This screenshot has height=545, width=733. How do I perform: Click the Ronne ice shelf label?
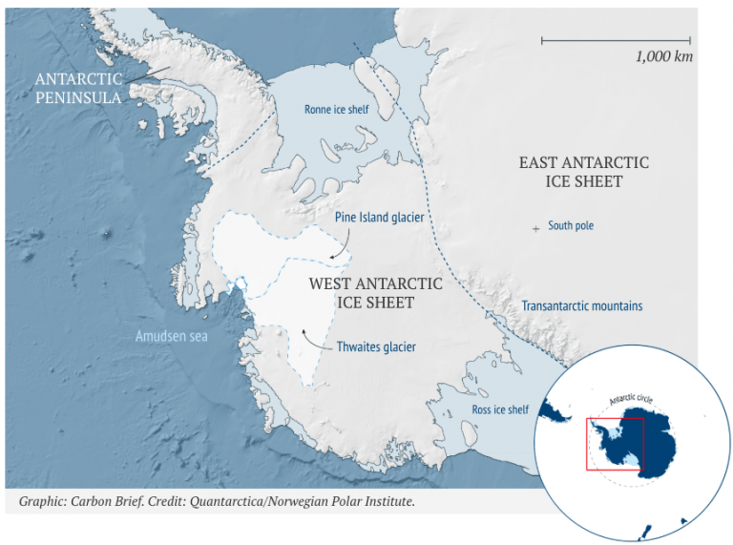pyautogui.click(x=336, y=110)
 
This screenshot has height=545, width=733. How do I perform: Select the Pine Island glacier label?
pyautogui.click(x=379, y=218)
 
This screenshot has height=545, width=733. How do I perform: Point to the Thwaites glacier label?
pyautogui.click(x=376, y=346)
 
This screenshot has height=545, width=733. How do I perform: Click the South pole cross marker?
pyautogui.click(x=535, y=227)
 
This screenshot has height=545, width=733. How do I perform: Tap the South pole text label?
pyautogui.click(x=571, y=226)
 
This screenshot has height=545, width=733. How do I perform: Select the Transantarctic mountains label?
pyautogui.click(x=581, y=306)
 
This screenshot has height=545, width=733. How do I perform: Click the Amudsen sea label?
pyautogui.click(x=171, y=336)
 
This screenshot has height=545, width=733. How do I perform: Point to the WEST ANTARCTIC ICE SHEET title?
pyautogui.click(x=375, y=293)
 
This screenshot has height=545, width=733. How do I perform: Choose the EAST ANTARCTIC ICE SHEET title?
pyautogui.click(x=583, y=172)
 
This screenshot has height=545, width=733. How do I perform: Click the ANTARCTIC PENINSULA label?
pyautogui.click(x=78, y=88)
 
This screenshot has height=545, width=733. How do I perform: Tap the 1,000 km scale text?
pyautogui.click(x=663, y=56)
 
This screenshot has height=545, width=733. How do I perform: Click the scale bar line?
pyautogui.click(x=616, y=40)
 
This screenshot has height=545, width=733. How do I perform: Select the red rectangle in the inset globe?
pyautogui.click(x=616, y=443)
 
